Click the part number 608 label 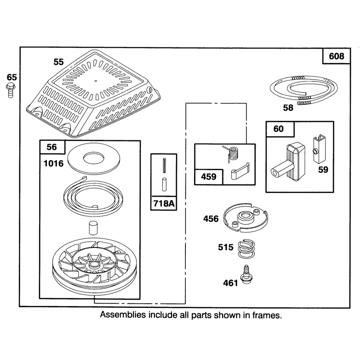click(x=336, y=56)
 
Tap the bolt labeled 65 click(x=10, y=91)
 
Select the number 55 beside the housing click(x=58, y=62)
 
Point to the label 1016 click(x=53, y=163)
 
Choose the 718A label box click(x=164, y=203)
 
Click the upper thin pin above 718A click(x=164, y=165)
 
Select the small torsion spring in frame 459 click(x=232, y=153)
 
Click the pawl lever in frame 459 click(x=239, y=171)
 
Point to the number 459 click(x=208, y=177)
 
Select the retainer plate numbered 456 click(x=246, y=217)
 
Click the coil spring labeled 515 click(x=246, y=249)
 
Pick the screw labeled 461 click(x=247, y=275)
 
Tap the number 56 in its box click(x=51, y=147)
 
